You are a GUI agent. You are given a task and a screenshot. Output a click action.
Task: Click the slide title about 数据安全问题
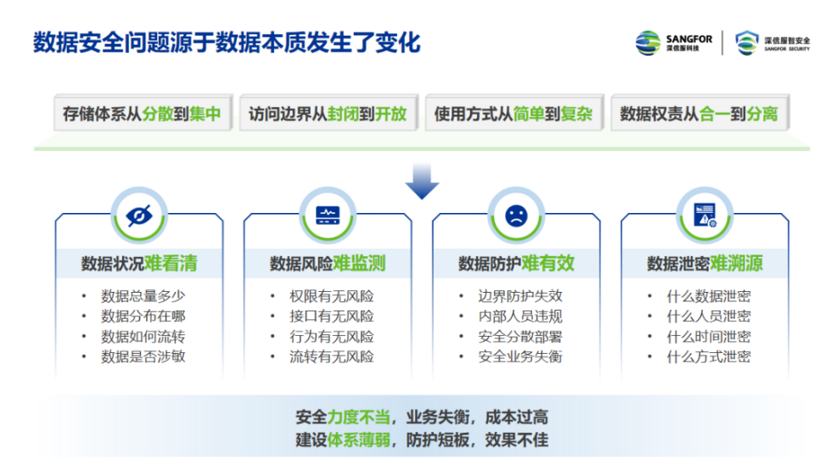click(x=227, y=42)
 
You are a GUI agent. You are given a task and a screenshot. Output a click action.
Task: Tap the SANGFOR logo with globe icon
click(x=673, y=42)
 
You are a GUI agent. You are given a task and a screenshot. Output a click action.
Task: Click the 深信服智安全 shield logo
click(x=772, y=43)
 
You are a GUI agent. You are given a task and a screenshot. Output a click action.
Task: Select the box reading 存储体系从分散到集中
click(x=143, y=113)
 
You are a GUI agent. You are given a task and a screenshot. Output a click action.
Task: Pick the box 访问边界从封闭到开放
click(x=328, y=113)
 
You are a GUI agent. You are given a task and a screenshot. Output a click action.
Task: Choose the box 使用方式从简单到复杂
click(x=514, y=113)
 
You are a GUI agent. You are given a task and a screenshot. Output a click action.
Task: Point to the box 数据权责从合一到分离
click(x=699, y=113)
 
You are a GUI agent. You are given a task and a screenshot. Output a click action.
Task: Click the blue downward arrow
click(x=422, y=182)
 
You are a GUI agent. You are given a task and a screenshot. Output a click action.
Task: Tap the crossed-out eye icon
click(x=139, y=216)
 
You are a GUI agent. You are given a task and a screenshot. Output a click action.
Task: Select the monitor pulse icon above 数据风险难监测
click(x=328, y=216)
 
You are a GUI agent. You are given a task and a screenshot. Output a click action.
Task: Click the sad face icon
click(x=516, y=216)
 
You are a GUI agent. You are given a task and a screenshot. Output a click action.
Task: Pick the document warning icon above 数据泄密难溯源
click(x=704, y=216)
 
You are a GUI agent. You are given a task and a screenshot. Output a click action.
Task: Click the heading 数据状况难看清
click(x=139, y=263)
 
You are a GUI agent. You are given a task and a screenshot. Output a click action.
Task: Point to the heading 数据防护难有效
click(x=516, y=263)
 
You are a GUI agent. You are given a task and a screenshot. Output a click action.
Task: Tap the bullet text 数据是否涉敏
click(x=143, y=356)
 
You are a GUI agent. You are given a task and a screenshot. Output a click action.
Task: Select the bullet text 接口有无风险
click(x=332, y=316)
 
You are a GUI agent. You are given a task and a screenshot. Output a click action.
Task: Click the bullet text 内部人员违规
click(x=520, y=316)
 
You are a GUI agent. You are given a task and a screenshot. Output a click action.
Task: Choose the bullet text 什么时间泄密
click(x=709, y=336)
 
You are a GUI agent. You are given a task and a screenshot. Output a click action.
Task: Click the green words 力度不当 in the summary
click(x=359, y=417)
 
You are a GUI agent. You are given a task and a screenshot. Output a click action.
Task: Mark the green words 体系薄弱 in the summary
click(x=359, y=440)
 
